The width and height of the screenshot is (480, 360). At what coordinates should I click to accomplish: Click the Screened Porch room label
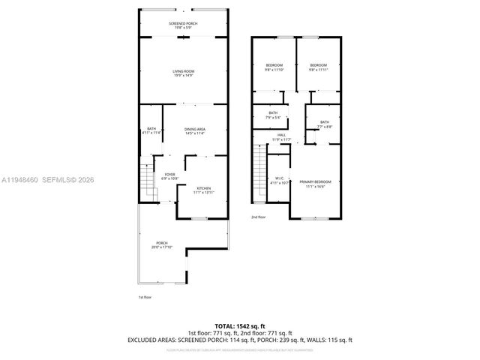(184, 25)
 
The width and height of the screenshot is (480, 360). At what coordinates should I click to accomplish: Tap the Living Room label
(184, 73)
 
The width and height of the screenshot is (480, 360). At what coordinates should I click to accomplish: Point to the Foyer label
(169, 176)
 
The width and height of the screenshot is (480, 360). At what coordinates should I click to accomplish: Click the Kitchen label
(204, 190)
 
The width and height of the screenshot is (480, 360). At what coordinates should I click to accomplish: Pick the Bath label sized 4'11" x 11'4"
(151, 131)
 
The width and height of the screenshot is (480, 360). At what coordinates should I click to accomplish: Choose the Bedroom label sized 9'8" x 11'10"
(274, 68)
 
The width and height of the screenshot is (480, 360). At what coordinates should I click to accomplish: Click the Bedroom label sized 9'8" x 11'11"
(319, 68)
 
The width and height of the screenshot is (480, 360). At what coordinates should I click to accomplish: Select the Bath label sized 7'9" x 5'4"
(273, 115)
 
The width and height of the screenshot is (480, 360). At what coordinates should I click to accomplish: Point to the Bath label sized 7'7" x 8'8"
(324, 124)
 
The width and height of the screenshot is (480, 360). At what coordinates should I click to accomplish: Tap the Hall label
(280, 138)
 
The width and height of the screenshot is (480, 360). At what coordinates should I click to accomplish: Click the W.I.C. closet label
(278, 180)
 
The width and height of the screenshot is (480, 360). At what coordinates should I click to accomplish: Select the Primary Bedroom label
(315, 184)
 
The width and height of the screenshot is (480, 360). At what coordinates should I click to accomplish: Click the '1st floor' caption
(145, 298)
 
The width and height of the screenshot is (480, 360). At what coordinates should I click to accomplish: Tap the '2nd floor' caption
(259, 217)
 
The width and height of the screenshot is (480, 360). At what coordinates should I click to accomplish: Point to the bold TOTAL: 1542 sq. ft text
(239, 325)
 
